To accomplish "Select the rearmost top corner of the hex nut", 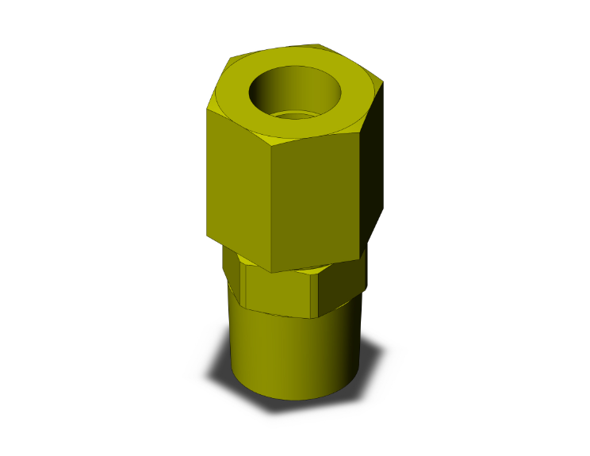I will [319, 44].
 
